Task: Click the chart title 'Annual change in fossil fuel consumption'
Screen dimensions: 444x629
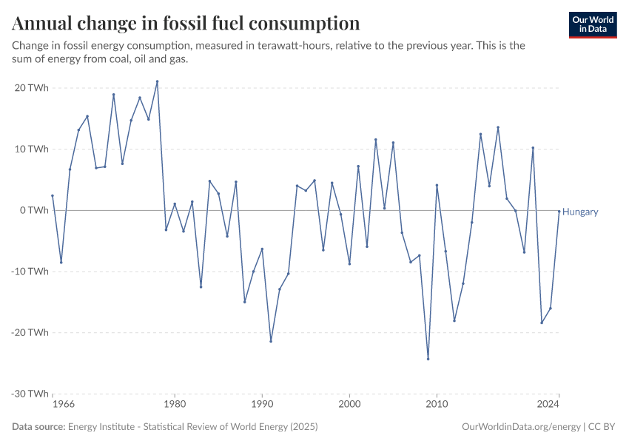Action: tap(186, 23)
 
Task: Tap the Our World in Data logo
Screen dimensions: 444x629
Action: tap(593, 24)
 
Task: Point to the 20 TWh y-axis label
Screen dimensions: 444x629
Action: tap(33, 87)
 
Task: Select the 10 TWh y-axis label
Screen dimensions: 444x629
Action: tap(33, 149)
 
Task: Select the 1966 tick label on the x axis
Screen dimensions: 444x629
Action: tap(63, 405)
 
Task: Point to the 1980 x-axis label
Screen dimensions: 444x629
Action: tap(175, 405)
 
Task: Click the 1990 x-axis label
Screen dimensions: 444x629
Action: tap(262, 405)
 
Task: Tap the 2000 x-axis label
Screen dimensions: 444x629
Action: tap(349, 405)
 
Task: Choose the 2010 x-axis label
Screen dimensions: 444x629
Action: tap(437, 405)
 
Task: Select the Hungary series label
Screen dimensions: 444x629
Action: tap(580, 212)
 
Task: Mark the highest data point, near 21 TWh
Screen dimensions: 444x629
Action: tap(157, 81)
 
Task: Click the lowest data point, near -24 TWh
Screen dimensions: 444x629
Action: tap(428, 359)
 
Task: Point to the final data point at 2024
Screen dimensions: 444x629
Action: tap(559, 211)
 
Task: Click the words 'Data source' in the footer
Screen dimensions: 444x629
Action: tap(38, 427)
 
